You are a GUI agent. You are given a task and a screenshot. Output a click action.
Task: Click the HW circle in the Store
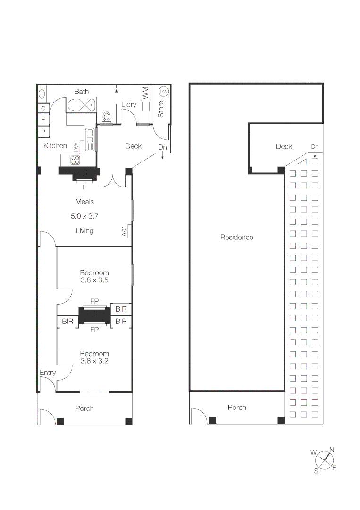[x=164, y=92]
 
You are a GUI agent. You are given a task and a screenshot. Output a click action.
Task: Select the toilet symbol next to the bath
[x=107, y=117]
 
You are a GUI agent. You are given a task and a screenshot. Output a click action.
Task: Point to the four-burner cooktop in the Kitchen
[x=75, y=160]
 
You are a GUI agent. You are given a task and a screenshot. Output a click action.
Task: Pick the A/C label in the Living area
[x=125, y=231]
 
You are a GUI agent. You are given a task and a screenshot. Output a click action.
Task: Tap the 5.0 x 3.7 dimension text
[x=85, y=216]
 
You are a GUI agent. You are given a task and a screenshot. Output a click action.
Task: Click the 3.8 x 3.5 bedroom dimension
[x=94, y=280]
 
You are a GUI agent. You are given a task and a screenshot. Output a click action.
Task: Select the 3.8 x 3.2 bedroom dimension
[x=94, y=361]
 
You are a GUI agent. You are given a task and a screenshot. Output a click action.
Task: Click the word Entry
[x=48, y=373]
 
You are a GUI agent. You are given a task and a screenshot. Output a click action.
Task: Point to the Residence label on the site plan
[x=237, y=238]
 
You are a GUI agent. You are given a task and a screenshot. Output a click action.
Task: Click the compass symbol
[x=323, y=459]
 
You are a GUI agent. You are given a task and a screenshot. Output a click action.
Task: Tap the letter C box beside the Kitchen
[x=43, y=108]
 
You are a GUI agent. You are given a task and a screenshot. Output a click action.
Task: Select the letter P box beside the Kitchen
[x=43, y=132]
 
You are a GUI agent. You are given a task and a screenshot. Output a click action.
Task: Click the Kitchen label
[x=55, y=146]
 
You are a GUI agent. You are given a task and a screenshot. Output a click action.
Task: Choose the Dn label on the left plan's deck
[x=162, y=148]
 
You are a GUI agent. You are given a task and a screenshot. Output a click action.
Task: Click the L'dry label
[x=128, y=104]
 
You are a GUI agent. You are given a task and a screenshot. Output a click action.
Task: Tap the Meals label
[x=85, y=202]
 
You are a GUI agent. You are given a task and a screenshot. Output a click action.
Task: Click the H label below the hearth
[x=85, y=186]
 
